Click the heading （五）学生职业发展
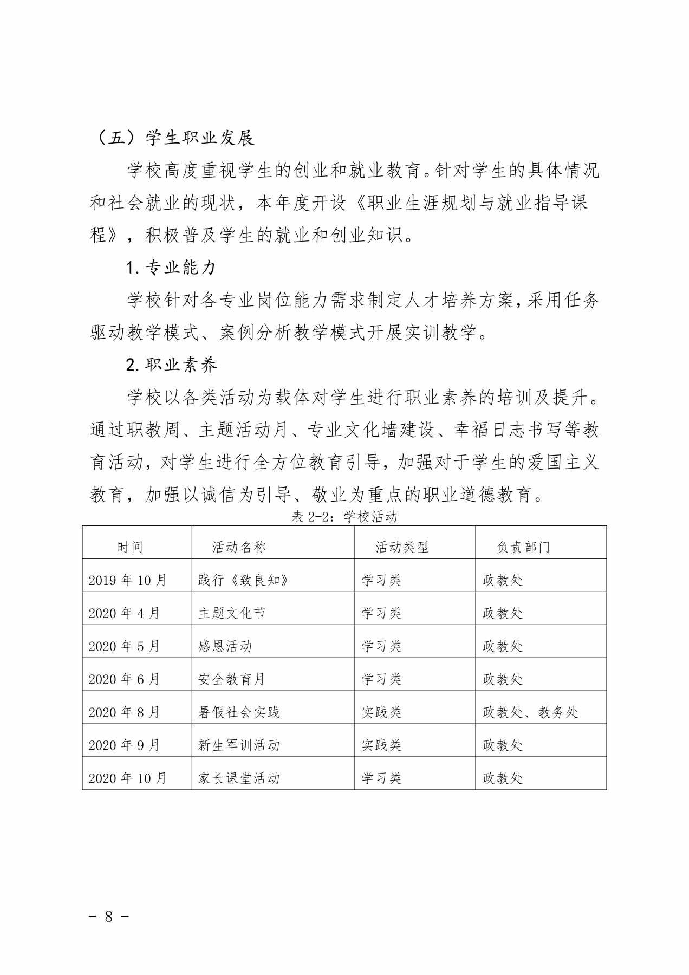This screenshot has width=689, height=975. pyautogui.click(x=173, y=138)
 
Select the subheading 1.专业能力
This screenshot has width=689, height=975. pyautogui.click(x=171, y=268)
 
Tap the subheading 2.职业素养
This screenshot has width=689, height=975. pyautogui.click(x=171, y=365)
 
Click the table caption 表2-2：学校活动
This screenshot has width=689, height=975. pyautogui.click(x=344, y=517)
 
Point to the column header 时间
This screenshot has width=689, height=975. pyautogui.click(x=130, y=547)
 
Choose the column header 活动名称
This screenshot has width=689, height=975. pyautogui.click(x=239, y=547)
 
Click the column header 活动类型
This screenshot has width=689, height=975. pyautogui.click(x=402, y=547)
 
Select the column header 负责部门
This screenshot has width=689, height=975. pyautogui.click(x=523, y=547)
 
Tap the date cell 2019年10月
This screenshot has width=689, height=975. pyautogui.click(x=128, y=580)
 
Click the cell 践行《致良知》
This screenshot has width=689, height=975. pyautogui.click(x=243, y=580)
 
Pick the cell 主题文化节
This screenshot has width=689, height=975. pyautogui.click(x=232, y=613)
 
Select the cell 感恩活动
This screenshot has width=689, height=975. pyautogui.click(x=225, y=646)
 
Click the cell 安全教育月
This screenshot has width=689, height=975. pyautogui.click(x=232, y=679)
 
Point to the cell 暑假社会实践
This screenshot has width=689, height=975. pyautogui.click(x=239, y=712)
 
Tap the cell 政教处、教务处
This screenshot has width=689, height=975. pyautogui.click(x=530, y=712)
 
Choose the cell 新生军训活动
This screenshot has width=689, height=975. pyautogui.click(x=239, y=745)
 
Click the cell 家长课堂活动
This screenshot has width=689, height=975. pyautogui.click(x=239, y=778)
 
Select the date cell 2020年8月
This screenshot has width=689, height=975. pyautogui.click(x=125, y=712)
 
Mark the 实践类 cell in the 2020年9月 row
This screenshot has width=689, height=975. pyautogui.click(x=381, y=745)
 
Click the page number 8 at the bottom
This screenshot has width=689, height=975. pyautogui.click(x=109, y=916)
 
